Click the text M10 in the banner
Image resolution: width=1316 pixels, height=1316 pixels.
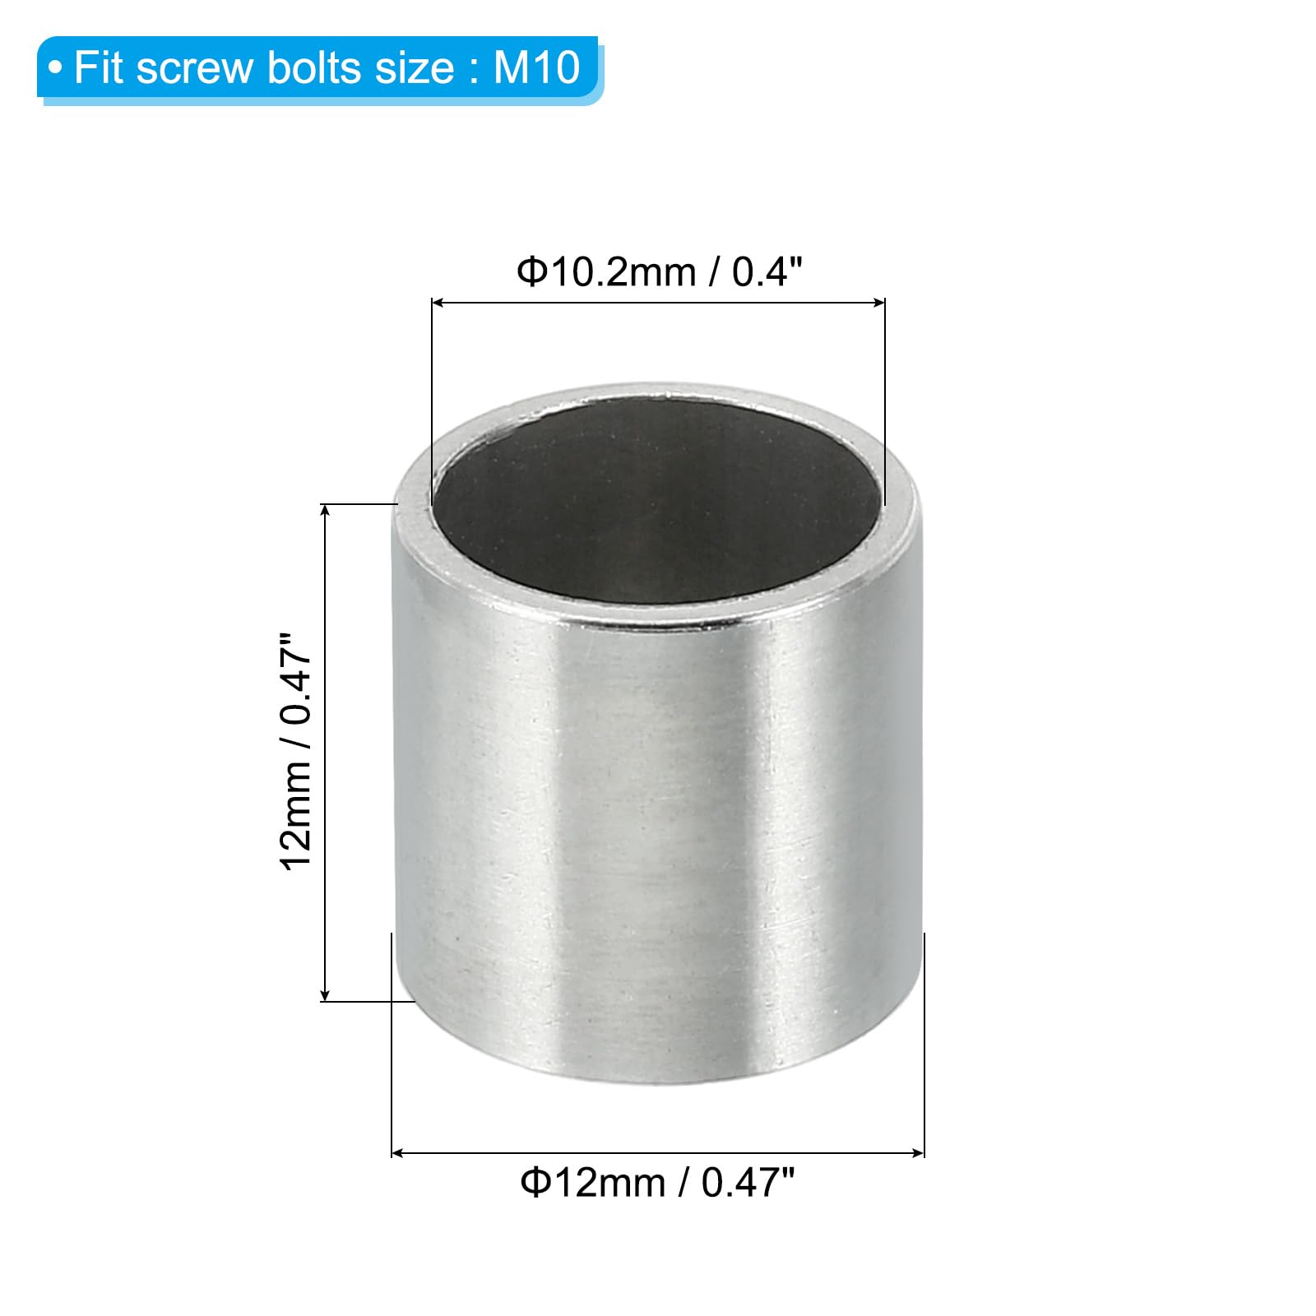click(537, 67)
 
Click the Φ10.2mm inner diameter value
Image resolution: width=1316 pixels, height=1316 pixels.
click(606, 271)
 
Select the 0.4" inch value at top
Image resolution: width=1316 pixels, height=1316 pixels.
click(767, 271)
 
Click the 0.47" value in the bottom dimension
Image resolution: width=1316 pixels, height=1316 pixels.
click(748, 1183)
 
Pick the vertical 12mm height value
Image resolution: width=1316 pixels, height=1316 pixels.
click(296, 815)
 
